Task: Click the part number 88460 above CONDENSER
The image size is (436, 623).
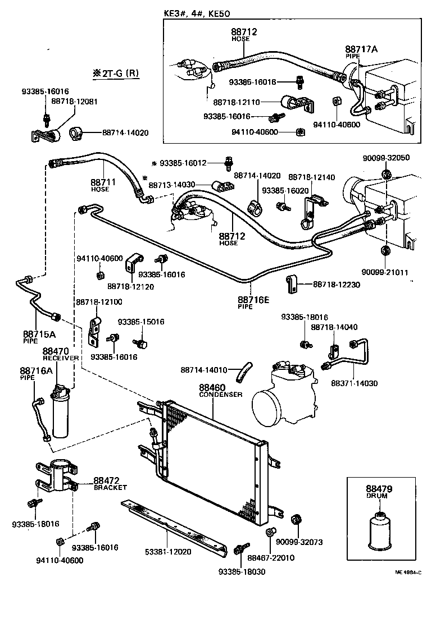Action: (x=212, y=388)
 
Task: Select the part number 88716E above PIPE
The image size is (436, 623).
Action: (x=253, y=300)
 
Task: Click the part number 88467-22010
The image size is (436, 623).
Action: (x=271, y=558)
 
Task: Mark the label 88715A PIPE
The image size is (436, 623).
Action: (x=39, y=336)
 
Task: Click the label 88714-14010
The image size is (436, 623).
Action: (x=204, y=370)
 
